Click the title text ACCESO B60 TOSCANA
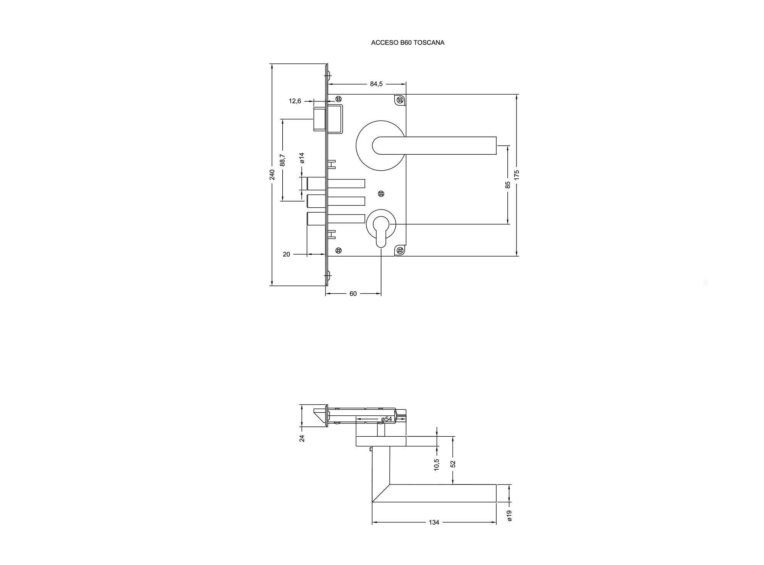coord(408,43)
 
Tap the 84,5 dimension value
coord(376,84)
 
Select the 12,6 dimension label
coord(295,101)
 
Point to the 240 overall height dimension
coord(272,174)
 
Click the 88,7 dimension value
coord(282,160)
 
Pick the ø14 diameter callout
coord(302,158)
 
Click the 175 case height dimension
coord(516,174)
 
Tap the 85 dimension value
coord(508,185)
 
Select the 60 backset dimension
coord(353,294)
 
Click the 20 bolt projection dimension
coord(286,254)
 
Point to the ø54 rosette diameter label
coord(387,419)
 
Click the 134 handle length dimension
coord(434,522)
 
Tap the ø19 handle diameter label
coord(509,516)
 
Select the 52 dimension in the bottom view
coord(453,464)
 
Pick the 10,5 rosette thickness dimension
coord(437,465)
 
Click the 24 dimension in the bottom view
coord(302,438)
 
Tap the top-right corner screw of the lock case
coord(400,100)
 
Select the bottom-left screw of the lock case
coord(338,250)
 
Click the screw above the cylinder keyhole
coord(381,194)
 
